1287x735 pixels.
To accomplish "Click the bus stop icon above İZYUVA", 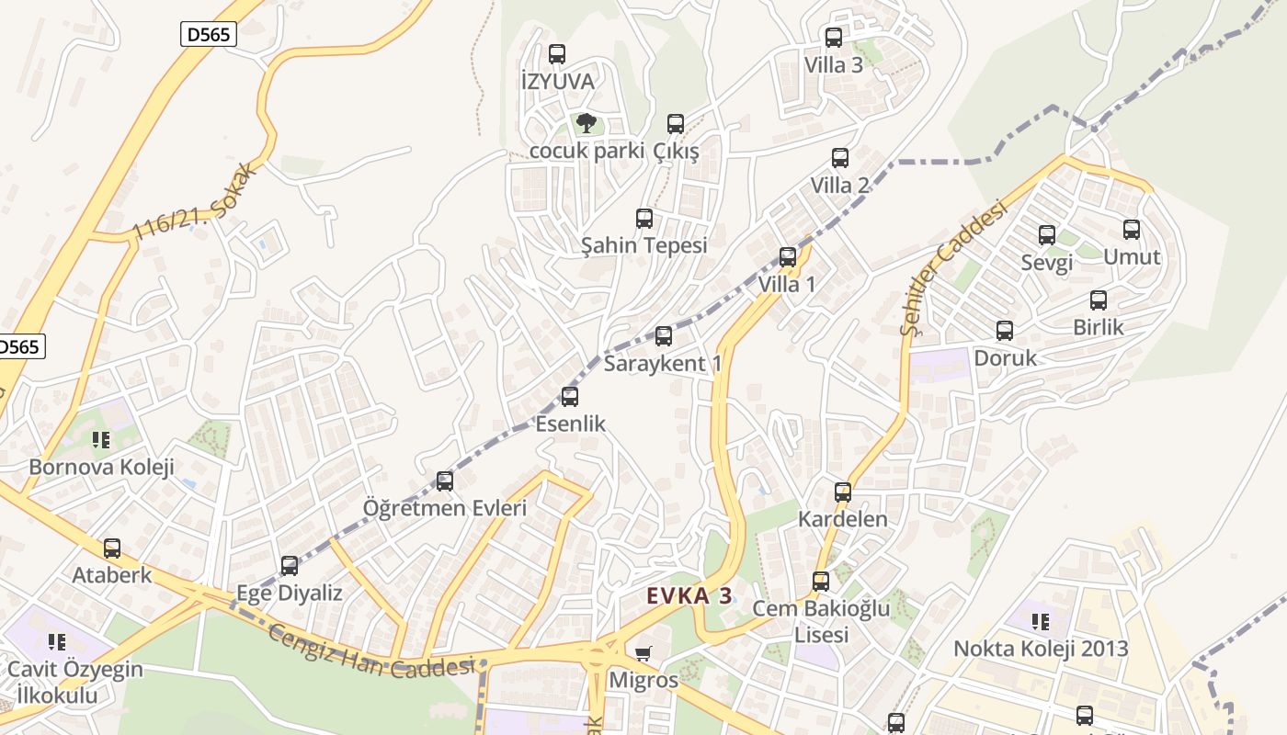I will [x=556, y=54].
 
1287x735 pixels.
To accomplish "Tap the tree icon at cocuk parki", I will [x=586, y=123].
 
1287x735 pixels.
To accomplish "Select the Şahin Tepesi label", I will [x=643, y=245].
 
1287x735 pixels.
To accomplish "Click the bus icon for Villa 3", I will [x=834, y=38].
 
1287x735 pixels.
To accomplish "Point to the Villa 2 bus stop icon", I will [x=839, y=158].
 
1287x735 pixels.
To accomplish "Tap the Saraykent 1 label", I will [x=663, y=364].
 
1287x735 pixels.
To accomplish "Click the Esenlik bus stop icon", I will [x=570, y=397].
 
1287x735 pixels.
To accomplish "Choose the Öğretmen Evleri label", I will [x=445, y=508].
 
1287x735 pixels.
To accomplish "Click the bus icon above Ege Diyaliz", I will [x=290, y=566].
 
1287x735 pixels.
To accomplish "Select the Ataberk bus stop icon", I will [x=112, y=548].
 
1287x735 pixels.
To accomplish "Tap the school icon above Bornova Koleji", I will [x=101, y=440].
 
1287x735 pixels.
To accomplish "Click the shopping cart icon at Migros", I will [x=643, y=654].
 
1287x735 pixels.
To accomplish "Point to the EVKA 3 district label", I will [x=689, y=595].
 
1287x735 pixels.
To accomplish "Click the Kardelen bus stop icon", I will [x=843, y=492].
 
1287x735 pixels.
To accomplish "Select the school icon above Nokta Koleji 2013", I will [x=1041, y=622].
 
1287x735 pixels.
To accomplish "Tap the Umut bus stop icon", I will [x=1132, y=230].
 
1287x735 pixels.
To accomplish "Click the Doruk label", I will [x=1005, y=357].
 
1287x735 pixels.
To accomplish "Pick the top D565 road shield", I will [x=209, y=35].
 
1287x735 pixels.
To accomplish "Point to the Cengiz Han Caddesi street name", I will [x=371, y=651].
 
